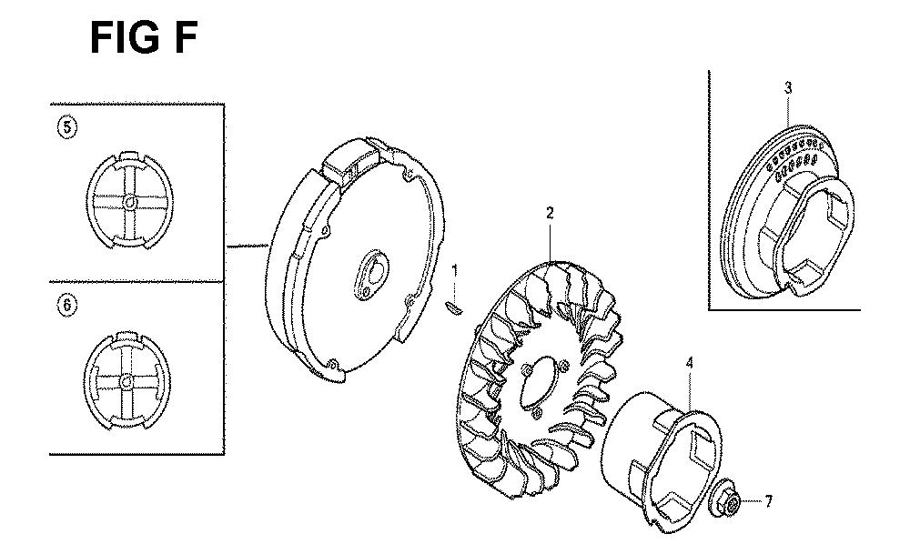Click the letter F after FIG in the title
click(x=186, y=38)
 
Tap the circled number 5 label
click(x=67, y=127)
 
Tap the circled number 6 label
click(x=67, y=305)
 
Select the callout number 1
click(x=454, y=271)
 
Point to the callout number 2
click(x=550, y=213)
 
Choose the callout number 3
click(x=787, y=88)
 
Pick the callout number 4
click(x=689, y=364)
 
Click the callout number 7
click(x=768, y=501)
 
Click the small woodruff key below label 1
click(x=453, y=308)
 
